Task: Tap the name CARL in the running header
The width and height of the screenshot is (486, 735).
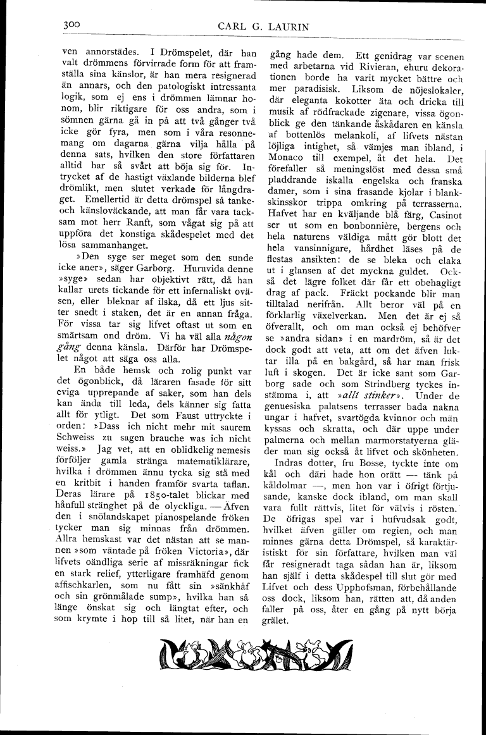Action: click(234, 26)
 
